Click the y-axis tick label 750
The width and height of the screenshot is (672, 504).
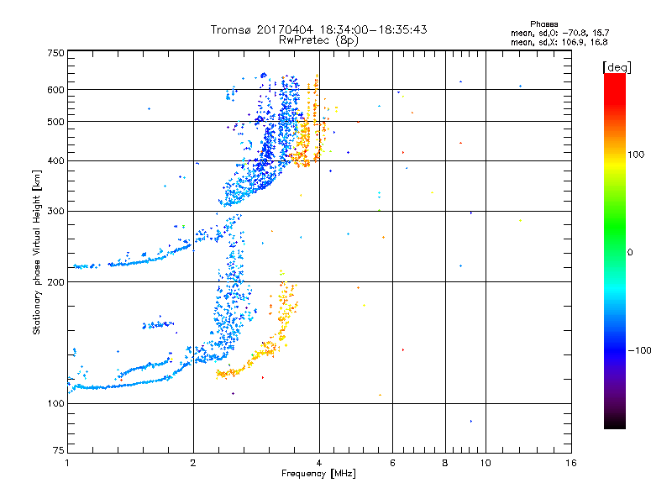55,53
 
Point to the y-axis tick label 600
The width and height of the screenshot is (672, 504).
55,90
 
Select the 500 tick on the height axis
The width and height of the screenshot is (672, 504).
55,122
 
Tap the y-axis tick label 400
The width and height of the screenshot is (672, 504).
55,161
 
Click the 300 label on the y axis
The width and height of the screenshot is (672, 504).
55,212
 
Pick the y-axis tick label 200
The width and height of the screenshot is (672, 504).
55,282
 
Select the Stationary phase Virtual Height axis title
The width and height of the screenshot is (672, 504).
37,252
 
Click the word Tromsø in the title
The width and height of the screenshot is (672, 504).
231,29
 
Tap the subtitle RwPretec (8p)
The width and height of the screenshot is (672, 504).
319,39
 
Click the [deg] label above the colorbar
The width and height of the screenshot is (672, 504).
617,66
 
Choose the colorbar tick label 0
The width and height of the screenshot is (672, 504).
630,252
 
